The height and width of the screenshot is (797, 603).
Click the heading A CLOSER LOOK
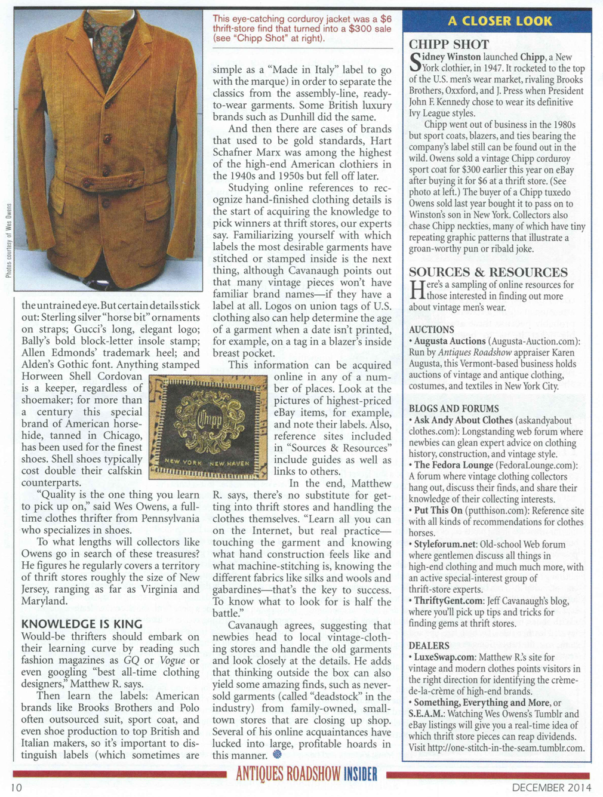click(500, 21)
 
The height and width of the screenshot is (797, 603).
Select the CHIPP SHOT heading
click(449, 44)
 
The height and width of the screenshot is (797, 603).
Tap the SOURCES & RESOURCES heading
click(488, 272)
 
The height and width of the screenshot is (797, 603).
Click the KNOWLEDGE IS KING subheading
click(82, 624)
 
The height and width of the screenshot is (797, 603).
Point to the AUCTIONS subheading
click(432, 330)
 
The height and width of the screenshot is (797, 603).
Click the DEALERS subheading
click(429, 645)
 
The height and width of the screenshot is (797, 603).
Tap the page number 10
click(16, 787)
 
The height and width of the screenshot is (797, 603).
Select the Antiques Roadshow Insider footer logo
click(306, 775)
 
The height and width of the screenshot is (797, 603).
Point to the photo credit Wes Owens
click(8, 239)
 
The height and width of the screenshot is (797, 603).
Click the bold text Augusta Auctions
click(450, 341)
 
